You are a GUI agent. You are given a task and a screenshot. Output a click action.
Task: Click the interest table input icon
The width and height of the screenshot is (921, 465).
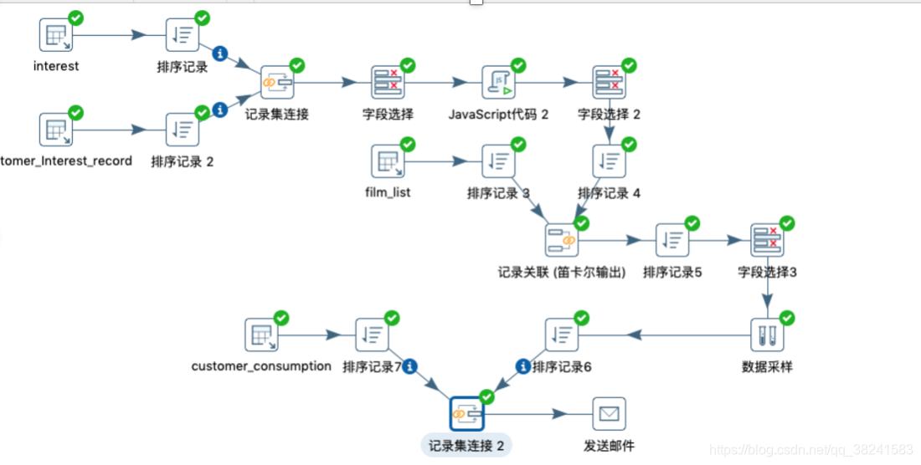[x=56, y=35]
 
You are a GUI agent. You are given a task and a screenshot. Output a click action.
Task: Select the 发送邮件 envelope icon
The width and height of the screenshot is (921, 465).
[x=609, y=413]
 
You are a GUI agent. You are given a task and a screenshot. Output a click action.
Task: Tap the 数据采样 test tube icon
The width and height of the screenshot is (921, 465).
[x=767, y=335]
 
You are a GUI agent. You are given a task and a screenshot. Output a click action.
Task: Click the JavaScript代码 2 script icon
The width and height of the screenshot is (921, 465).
[x=498, y=82]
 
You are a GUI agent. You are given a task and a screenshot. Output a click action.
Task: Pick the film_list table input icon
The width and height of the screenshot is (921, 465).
[x=388, y=161]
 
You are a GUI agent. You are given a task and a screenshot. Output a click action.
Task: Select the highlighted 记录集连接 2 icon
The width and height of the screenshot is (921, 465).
[x=466, y=413]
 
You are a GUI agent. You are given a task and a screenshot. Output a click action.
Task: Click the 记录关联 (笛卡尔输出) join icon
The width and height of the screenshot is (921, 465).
[x=561, y=240]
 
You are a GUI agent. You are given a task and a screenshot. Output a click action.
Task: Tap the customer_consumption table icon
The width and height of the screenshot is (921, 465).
[x=261, y=335]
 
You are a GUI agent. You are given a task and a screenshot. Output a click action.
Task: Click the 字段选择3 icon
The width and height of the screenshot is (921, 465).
[x=767, y=240]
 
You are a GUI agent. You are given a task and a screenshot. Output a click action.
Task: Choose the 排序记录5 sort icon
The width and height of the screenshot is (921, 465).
[x=672, y=240]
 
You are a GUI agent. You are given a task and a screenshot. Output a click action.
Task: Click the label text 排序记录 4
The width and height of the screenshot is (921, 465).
[x=609, y=193]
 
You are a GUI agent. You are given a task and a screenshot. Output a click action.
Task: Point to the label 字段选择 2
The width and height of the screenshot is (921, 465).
[x=609, y=114]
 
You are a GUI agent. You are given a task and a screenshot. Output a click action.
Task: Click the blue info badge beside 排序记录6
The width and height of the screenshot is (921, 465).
[x=523, y=366]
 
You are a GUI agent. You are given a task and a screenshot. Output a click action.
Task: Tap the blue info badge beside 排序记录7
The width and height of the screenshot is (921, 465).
[x=410, y=366]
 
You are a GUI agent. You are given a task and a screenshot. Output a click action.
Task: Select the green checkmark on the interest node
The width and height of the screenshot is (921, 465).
[x=75, y=18]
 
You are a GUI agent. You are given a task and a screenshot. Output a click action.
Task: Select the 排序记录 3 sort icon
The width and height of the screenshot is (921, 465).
[x=498, y=161]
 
